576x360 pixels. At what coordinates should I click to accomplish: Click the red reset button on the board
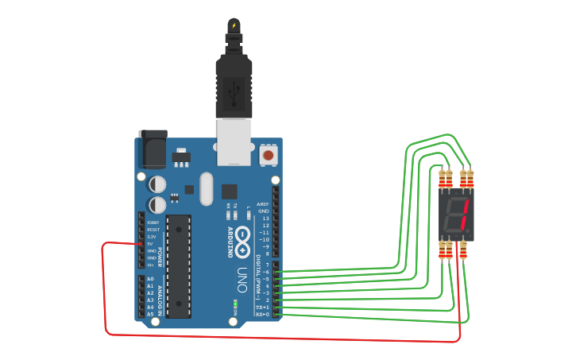[x=269, y=155]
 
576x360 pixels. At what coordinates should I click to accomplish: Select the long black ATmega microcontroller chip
[x=178, y=265]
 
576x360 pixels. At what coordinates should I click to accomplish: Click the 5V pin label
[x=151, y=244]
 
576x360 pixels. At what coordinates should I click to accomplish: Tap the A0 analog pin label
[x=150, y=279]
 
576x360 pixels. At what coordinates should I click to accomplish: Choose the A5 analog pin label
[x=150, y=314]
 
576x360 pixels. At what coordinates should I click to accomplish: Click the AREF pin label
[x=263, y=204]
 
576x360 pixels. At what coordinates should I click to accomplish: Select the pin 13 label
[x=265, y=219]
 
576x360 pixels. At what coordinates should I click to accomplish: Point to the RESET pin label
[x=153, y=230]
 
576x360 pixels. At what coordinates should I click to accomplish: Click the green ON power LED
[x=234, y=304]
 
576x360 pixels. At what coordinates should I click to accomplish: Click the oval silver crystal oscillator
[x=207, y=189]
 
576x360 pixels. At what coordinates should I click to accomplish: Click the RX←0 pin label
[x=262, y=315]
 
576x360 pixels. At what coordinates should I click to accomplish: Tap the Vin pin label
[x=151, y=265]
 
